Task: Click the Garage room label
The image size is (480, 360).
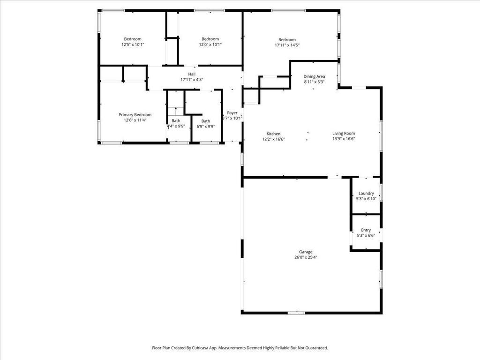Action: [306, 252]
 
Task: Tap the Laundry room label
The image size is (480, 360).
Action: [366, 193]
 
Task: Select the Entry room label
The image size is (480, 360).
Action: [366, 230]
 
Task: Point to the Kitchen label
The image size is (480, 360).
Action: [273, 134]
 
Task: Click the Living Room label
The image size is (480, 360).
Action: [344, 133]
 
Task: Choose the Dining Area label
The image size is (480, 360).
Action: [314, 76]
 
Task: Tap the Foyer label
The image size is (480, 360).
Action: [232, 112]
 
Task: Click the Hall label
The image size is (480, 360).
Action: [192, 74]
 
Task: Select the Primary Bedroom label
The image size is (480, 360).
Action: [135, 115]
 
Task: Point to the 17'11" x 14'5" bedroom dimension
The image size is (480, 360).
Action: [287, 45]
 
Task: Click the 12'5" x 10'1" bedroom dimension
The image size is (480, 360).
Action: [133, 45]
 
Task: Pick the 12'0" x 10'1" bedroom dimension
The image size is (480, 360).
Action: [210, 45]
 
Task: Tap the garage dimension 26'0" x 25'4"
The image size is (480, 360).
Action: [306, 257]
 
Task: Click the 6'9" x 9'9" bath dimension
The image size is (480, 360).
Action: [206, 127]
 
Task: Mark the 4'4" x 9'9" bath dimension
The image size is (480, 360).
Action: [176, 126]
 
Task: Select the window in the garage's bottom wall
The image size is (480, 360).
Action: [296, 313]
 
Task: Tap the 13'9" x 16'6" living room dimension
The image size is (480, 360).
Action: [344, 139]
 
